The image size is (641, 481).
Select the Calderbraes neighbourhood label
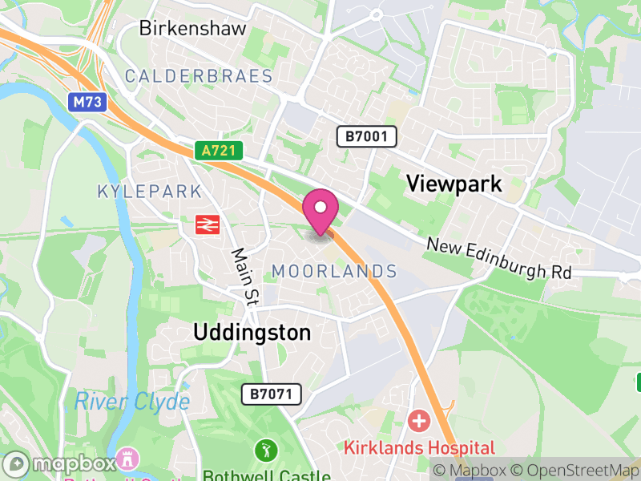[x=199, y=77]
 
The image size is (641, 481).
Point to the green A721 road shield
[x=217, y=150]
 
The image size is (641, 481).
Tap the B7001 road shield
[x=366, y=136]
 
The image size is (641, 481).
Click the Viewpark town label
[x=454, y=184]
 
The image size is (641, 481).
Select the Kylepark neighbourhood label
[x=149, y=192]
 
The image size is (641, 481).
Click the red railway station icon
[x=207, y=225]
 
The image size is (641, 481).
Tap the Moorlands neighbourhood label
[x=334, y=272]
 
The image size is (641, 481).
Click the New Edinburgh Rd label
[x=498, y=259]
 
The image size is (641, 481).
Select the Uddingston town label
[x=252, y=332]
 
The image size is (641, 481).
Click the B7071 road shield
[x=272, y=394]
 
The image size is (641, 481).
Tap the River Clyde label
[x=132, y=402]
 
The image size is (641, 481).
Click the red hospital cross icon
[x=418, y=420]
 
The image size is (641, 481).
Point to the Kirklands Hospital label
[x=420, y=447]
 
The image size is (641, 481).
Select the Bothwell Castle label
[x=266, y=475]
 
